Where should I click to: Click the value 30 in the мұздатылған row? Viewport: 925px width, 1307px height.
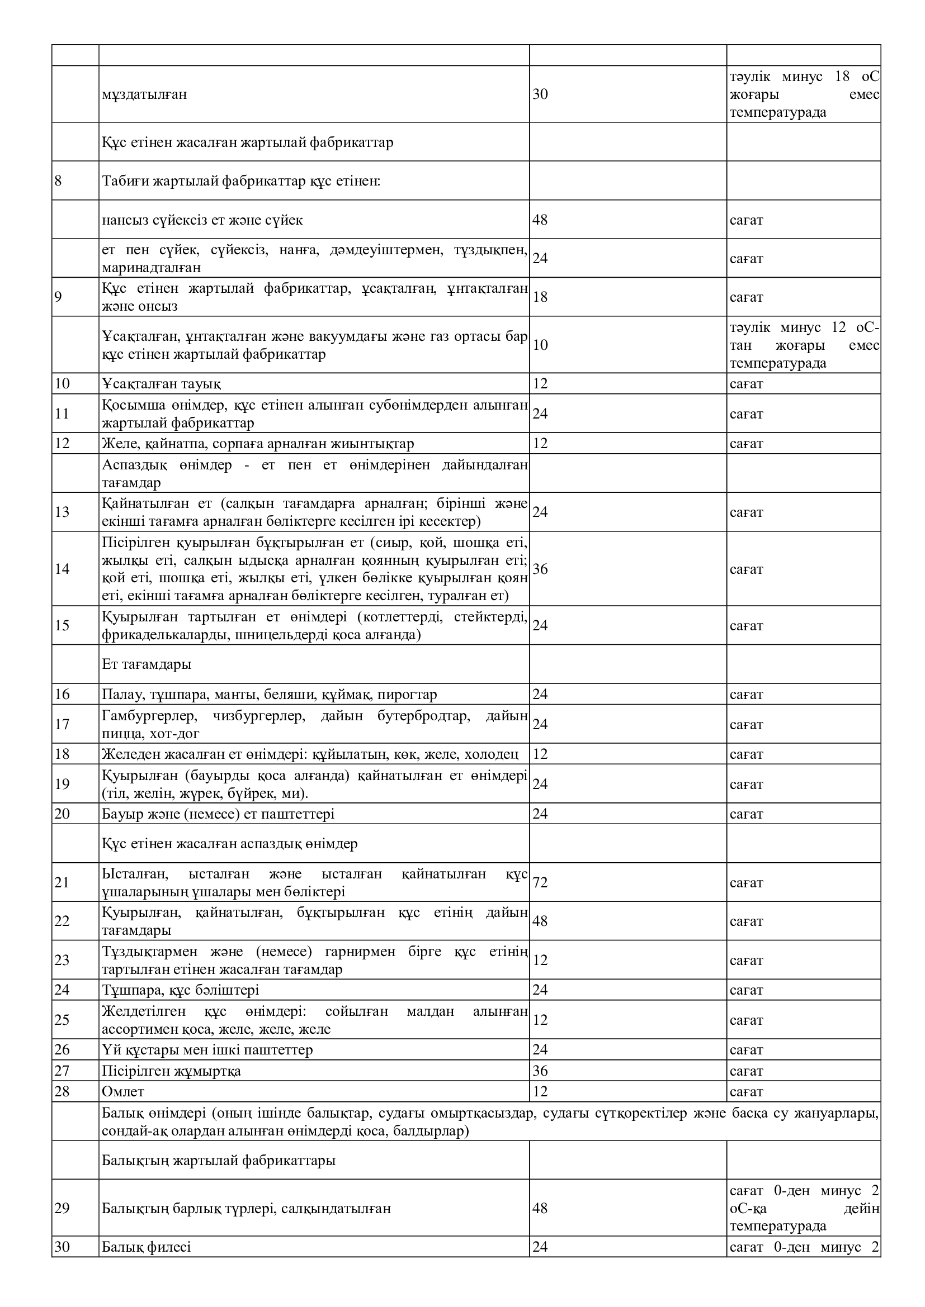(540, 94)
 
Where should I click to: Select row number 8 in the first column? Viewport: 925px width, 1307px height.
(58, 181)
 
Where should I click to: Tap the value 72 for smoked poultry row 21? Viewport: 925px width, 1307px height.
(540, 882)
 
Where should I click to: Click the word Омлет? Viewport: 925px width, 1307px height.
(123, 1091)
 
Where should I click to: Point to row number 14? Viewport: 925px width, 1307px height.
(62, 569)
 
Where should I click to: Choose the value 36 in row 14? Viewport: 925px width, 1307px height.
(540, 569)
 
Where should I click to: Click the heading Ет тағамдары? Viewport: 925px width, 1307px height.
(147, 664)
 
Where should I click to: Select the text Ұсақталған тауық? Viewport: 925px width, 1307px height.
(161, 383)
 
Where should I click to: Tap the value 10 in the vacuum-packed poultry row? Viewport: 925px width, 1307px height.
(540, 344)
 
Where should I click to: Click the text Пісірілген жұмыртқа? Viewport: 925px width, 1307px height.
(171, 1071)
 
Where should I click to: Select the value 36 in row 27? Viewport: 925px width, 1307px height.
(540, 1071)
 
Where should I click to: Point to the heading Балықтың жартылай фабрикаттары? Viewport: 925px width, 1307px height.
(218, 1160)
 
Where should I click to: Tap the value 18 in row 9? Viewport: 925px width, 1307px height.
(540, 297)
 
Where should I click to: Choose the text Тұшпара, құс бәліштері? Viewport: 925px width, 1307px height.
(180, 990)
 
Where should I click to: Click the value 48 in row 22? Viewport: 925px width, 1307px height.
(540, 920)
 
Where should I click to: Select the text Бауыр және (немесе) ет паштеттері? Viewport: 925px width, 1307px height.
(218, 814)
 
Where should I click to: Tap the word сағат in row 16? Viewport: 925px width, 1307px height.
(746, 695)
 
